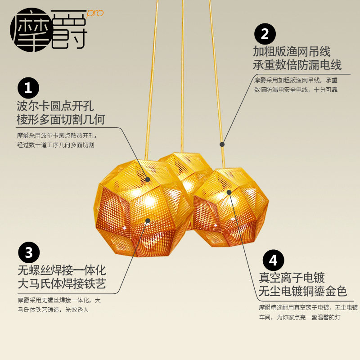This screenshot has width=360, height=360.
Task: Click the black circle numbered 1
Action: pyautogui.click(x=28, y=89)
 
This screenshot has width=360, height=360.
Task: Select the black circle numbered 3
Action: pyautogui.click(x=29, y=253)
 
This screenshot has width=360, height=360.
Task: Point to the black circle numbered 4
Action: pyautogui.click(x=273, y=261)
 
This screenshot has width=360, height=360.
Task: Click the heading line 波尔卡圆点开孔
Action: pyautogui.click(x=54, y=106)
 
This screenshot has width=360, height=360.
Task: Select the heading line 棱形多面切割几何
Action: pyautogui.click(x=61, y=120)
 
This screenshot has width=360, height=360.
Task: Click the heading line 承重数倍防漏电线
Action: pyautogui.click(x=297, y=64)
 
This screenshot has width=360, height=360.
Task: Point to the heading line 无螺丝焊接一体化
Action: pyautogui.click(x=62, y=270)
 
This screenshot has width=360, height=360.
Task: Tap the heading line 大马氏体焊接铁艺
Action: pyautogui.click(x=62, y=284)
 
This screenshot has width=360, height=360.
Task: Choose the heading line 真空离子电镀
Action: pyautogui.click(x=292, y=278)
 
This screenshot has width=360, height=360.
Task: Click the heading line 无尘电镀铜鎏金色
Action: pyautogui.click(x=303, y=292)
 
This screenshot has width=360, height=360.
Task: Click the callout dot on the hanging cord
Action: pyautogui.click(x=222, y=144)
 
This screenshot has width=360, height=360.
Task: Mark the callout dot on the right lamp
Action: pyautogui.click(x=229, y=192)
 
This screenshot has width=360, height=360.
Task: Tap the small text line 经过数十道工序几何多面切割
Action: pyautogui.click(x=55, y=145)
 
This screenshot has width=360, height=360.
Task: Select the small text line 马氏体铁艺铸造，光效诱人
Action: pyautogui.click(x=53, y=310)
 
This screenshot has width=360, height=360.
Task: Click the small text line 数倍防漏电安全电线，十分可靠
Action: pyautogui.click(x=296, y=90)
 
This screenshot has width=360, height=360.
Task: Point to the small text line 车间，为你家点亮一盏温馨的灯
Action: pyautogui.click(x=300, y=318)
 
